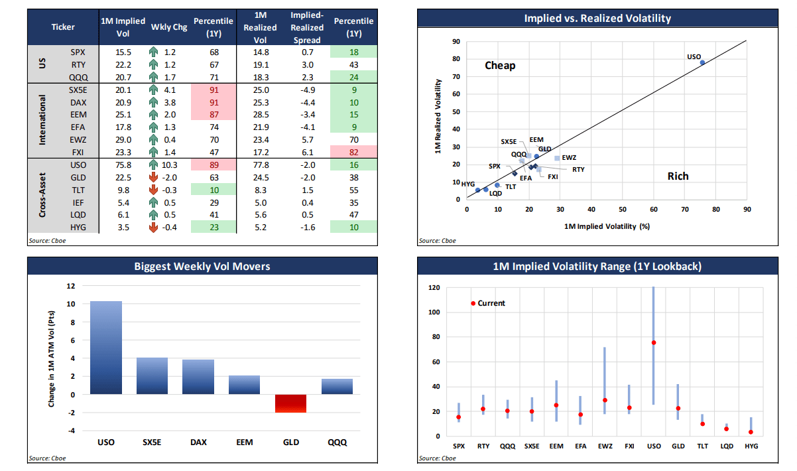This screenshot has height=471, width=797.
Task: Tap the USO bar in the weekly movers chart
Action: [x=106, y=348]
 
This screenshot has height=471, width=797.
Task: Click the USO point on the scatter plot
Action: [x=702, y=62]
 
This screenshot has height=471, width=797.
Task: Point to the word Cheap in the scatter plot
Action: [x=500, y=66]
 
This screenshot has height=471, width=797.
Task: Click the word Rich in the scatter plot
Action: [x=678, y=176]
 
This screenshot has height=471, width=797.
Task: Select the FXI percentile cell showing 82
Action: [x=353, y=152]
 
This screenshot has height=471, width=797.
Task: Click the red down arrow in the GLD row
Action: [x=154, y=177]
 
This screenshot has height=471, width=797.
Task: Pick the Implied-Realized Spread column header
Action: [x=306, y=28]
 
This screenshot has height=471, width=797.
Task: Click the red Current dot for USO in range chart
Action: [x=653, y=343]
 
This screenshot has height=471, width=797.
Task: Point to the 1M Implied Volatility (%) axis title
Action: [x=606, y=227]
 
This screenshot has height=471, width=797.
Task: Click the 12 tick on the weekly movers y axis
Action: [x=71, y=286]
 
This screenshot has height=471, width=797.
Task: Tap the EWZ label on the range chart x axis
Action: [x=604, y=446]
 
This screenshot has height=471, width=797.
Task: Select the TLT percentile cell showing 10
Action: [x=212, y=190]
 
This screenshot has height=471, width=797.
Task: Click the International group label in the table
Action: [x=42, y=120]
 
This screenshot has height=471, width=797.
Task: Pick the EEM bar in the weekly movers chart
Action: [x=245, y=385]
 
